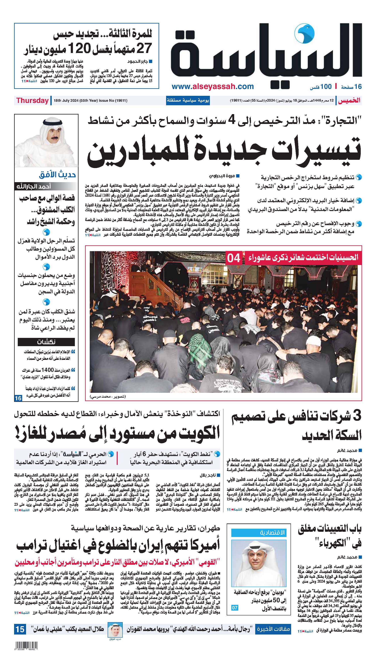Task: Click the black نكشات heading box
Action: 46,342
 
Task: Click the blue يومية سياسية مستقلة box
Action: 188,100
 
